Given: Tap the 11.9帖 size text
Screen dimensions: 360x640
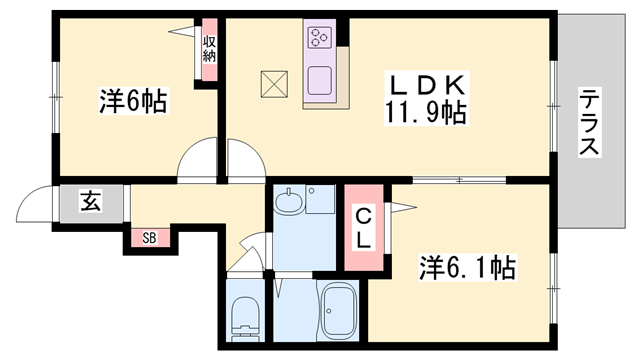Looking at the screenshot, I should click(425, 112).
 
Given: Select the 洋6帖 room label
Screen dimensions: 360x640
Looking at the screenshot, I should click(132, 101).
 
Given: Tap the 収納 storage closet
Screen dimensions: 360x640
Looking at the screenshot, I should click(209, 49).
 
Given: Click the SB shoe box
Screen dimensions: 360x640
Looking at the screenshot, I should click(148, 238).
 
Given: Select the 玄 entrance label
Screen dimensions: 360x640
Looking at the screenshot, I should click(89, 204).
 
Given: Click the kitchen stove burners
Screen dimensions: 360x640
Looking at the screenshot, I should click(320, 39).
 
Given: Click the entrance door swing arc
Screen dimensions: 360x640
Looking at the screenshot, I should click(33, 208).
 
